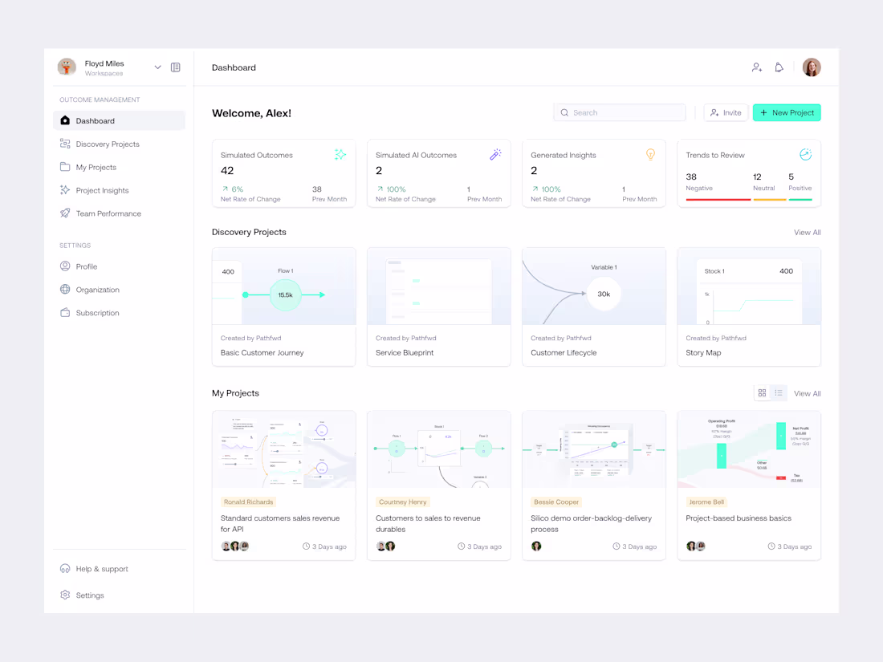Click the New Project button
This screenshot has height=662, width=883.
(787, 113)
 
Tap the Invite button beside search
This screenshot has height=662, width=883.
(726, 113)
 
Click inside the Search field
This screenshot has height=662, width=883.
(620, 113)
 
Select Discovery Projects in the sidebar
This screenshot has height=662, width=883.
(108, 144)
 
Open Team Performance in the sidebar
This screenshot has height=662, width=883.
(108, 213)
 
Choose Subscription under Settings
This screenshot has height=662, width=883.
(97, 313)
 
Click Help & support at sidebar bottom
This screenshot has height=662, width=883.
(102, 569)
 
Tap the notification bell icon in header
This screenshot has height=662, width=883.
(779, 67)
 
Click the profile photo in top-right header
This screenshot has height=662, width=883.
(812, 67)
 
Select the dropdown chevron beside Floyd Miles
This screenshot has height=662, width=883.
(157, 67)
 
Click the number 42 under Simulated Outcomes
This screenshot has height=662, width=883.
(227, 171)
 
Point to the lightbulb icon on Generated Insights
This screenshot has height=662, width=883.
(650, 154)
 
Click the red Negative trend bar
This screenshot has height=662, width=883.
(718, 199)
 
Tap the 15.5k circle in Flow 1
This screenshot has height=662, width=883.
(285, 295)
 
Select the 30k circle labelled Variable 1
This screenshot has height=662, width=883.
(604, 294)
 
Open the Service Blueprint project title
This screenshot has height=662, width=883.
(405, 353)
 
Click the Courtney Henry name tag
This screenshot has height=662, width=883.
(403, 502)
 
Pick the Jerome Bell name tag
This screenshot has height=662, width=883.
(706, 502)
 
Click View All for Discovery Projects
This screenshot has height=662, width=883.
(807, 233)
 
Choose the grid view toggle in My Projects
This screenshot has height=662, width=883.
(762, 393)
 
